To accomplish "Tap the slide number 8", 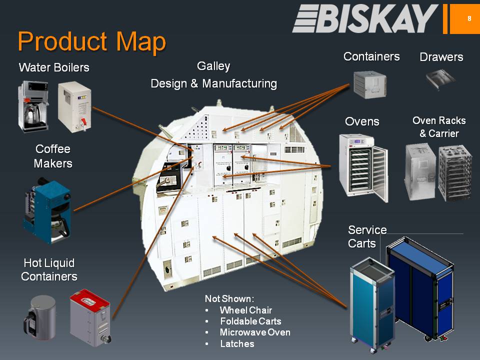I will coord(469,18).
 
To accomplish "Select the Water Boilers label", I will coord(54,67).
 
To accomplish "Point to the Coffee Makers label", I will coord(53,156).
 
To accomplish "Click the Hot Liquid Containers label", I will coord(49,269).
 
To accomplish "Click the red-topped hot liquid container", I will coord(90,317).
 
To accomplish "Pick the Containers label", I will coord(371,56).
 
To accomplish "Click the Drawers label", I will coord(441,57).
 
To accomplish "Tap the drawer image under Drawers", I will coord(440,79).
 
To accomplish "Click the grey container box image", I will coord(370,83).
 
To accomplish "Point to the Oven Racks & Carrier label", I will coord(439,127).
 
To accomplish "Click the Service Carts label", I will coord(367,236).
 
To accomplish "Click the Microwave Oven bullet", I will coord(255,332).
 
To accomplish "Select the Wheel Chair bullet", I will coord(246,310).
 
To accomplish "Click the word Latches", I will coord(237,344).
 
